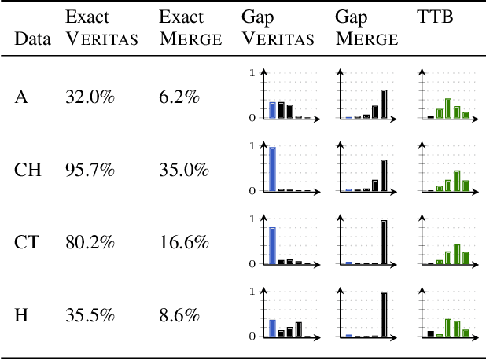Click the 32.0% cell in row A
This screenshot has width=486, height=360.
[90, 97]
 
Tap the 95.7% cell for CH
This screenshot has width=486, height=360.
[90, 170]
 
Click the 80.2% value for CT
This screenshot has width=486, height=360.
[90, 244]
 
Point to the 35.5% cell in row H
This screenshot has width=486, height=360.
[90, 316]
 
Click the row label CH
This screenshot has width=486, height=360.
[26, 170]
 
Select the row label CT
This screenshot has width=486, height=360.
[25, 244]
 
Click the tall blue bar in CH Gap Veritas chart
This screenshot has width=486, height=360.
[272, 168]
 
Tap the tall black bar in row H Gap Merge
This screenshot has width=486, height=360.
[384, 314]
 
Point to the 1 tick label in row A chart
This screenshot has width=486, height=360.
[252, 73]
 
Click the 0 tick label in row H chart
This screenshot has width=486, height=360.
[252, 336]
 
